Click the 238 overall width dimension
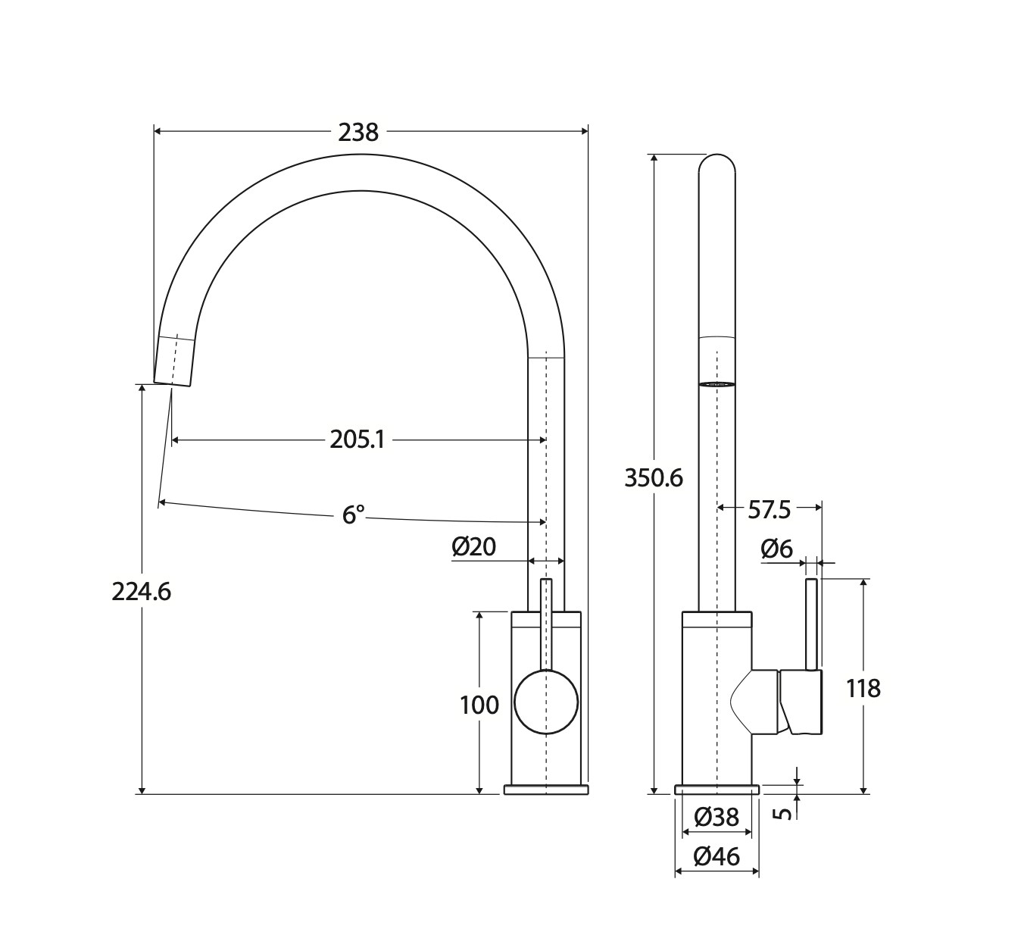click(x=358, y=133)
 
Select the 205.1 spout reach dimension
click(x=357, y=439)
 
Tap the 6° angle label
click(x=353, y=515)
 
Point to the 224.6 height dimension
click(x=142, y=592)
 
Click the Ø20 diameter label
click(x=473, y=547)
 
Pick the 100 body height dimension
click(x=479, y=705)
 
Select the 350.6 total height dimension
click(x=654, y=479)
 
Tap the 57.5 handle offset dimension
click(x=769, y=510)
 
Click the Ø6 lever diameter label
click(x=777, y=549)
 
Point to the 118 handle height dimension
click(x=863, y=689)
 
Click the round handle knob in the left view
click(x=545, y=702)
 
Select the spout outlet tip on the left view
click(x=173, y=384)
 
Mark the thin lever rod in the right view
click(x=812, y=624)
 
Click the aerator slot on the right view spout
click(x=716, y=384)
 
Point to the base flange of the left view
click(x=545, y=789)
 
